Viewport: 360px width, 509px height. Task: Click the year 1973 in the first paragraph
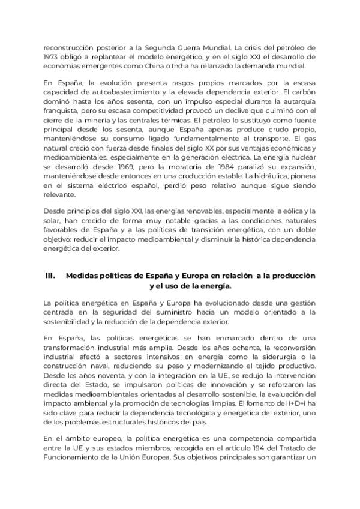(x=52, y=56)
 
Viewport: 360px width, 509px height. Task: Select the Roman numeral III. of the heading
(x=51, y=276)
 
